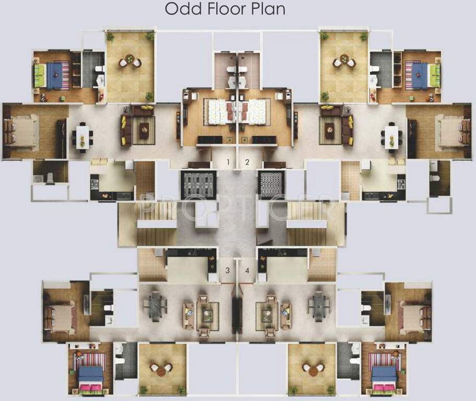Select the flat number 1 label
pyautogui.click(x=228, y=162)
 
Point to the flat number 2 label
pyautogui.click(x=247, y=162)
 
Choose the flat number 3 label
pyautogui.click(x=227, y=270)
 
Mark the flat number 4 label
pyautogui.click(x=247, y=270)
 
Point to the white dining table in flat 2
pyautogui.click(x=392, y=136)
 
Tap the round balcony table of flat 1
pyautogui.click(x=130, y=62)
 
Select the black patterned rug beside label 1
pyautogui.click(x=198, y=184)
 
